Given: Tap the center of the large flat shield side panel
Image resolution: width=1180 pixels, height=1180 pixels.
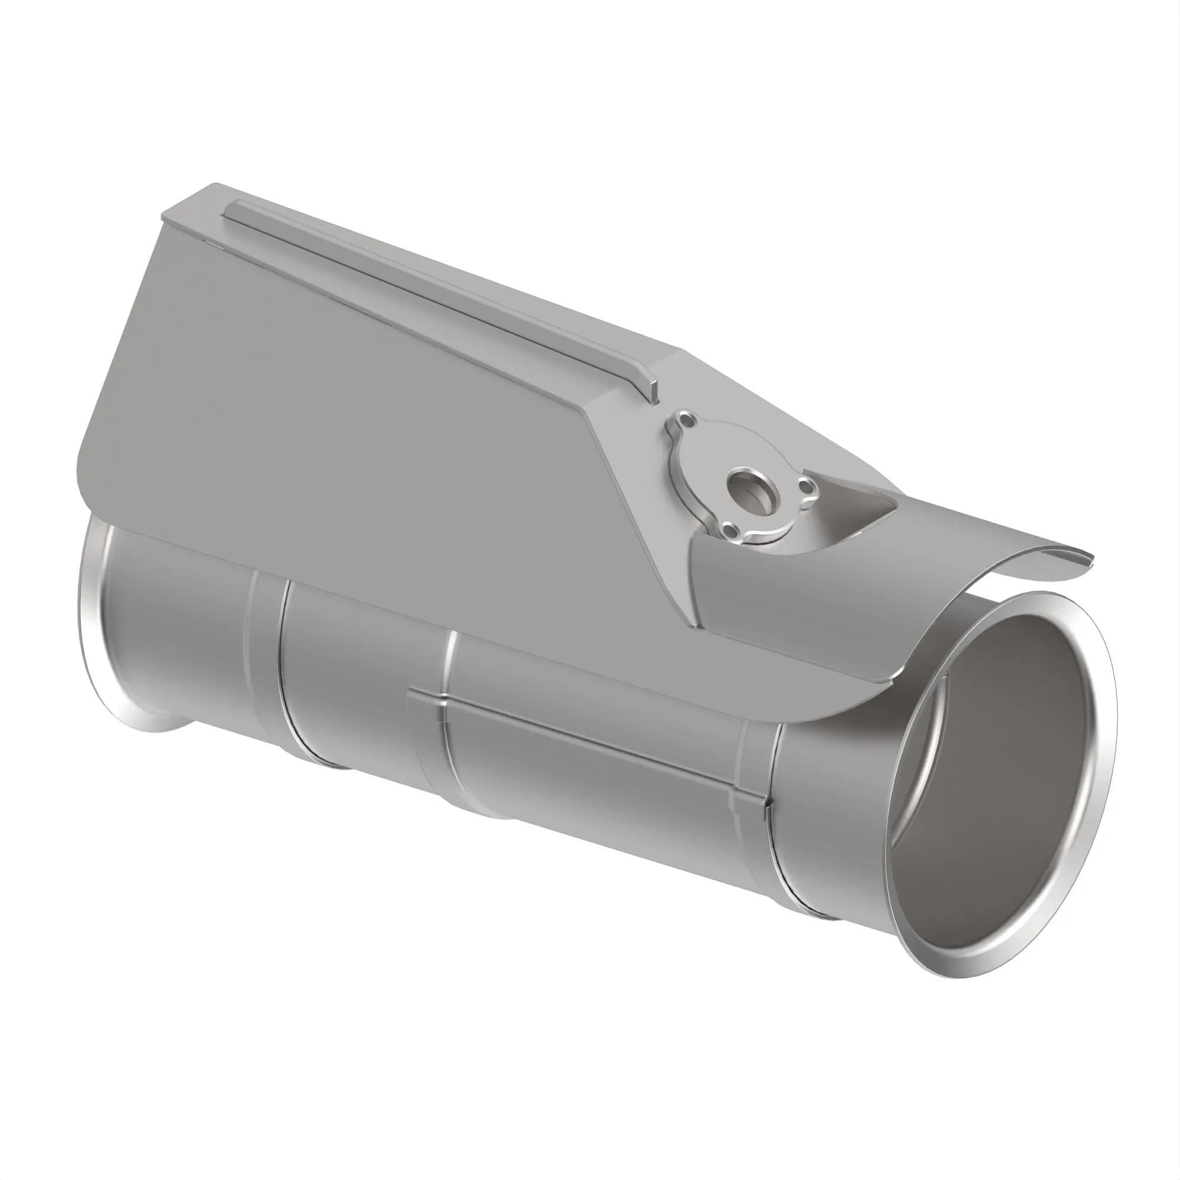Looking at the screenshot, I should pyautogui.click(x=366, y=397).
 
